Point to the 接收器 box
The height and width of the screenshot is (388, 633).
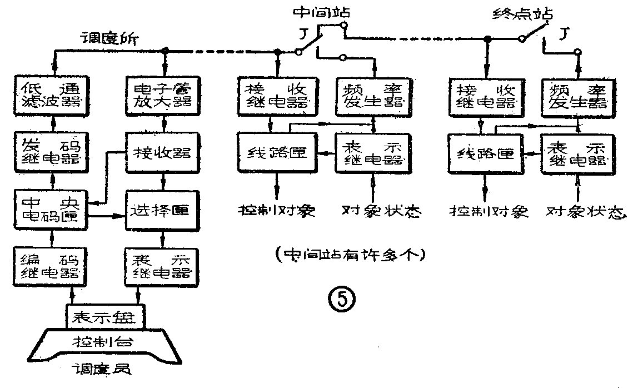[x=163, y=151]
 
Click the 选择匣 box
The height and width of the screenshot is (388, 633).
[x=163, y=210]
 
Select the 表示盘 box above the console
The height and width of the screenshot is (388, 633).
[x=106, y=317]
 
